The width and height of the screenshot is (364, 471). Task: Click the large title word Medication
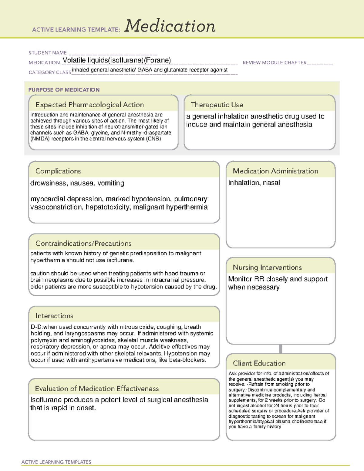point(170,26)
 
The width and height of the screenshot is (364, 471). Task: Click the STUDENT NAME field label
point(48,53)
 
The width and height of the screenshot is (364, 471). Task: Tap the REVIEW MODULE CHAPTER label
point(275,62)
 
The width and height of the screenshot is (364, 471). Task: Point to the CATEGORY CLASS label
point(50,72)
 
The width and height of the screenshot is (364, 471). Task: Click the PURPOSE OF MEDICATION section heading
point(64,90)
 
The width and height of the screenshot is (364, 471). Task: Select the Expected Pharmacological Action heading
point(89,105)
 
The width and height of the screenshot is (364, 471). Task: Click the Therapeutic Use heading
point(217,105)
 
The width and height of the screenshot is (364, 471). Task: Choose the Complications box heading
point(58,171)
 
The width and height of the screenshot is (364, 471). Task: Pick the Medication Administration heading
point(275,171)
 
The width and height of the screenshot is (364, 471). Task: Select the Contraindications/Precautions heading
point(83,244)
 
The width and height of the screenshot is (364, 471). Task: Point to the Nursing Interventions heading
point(267,267)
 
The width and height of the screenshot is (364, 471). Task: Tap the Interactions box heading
point(54,316)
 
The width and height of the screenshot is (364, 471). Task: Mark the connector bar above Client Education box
point(281,349)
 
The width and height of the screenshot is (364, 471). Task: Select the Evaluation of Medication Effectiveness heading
point(97,389)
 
